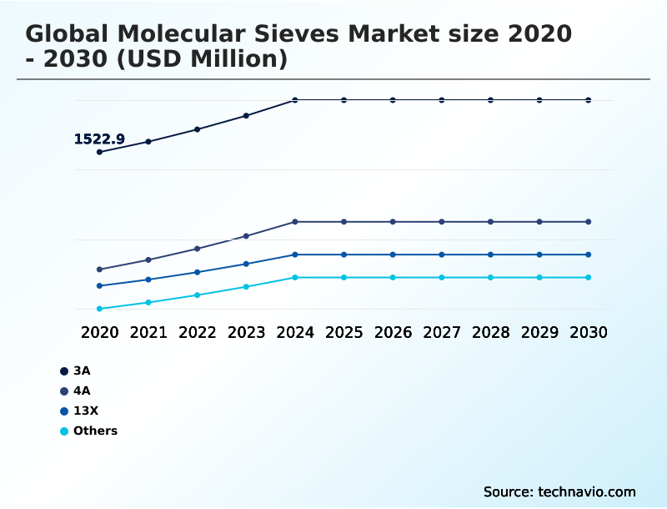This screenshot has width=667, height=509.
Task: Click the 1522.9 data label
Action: [x=99, y=139]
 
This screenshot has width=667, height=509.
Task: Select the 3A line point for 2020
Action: [x=99, y=152]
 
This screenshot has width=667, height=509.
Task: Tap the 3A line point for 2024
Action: [x=295, y=100]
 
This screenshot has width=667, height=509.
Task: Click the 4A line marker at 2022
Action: [x=198, y=249]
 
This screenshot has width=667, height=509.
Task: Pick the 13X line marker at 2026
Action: [x=393, y=254]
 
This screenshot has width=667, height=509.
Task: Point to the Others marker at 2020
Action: [x=99, y=309]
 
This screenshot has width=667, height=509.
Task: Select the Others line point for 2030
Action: [x=589, y=277]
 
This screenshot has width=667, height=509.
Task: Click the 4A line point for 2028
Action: [x=490, y=222]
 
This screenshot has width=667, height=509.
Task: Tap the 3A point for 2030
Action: [x=589, y=100]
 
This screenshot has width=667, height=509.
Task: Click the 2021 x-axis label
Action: [x=148, y=332]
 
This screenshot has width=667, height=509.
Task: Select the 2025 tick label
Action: [x=344, y=332]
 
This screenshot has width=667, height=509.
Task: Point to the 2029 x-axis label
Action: [x=539, y=332]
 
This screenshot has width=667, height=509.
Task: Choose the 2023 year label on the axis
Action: [x=246, y=332]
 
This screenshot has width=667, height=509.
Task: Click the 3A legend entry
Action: [x=81, y=370]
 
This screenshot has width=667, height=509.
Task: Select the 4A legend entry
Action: [x=81, y=391]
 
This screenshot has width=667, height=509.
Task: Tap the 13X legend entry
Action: [x=85, y=411]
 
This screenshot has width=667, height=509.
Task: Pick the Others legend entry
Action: [x=94, y=431]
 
